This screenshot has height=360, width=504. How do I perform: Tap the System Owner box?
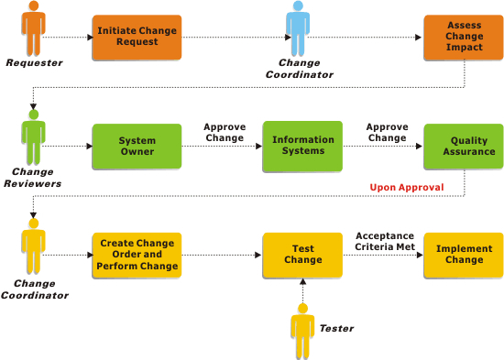(x=137, y=147)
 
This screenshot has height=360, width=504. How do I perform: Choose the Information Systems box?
(x=303, y=147)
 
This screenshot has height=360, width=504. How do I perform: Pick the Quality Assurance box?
(x=465, y=147)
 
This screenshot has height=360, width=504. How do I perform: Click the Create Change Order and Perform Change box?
(x=137, y=256)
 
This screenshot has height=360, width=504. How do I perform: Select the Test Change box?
(x=303, y=255)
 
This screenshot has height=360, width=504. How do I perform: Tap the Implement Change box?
(x=465, y=255)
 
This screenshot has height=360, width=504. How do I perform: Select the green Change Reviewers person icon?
(x=34, y=137)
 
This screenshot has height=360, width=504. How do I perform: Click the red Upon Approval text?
(x=407, y=188)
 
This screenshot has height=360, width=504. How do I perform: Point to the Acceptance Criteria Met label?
(x=385, y=241)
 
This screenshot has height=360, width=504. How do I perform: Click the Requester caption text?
(x=34, y=62)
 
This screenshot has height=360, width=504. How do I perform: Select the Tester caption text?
(x=336, y=327)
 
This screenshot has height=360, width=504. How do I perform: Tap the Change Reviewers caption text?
(x=34, y=177)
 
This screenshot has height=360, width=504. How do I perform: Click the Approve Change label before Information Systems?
(x=224, y=133)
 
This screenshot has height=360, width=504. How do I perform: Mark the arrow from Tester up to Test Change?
(x=302, y=293)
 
